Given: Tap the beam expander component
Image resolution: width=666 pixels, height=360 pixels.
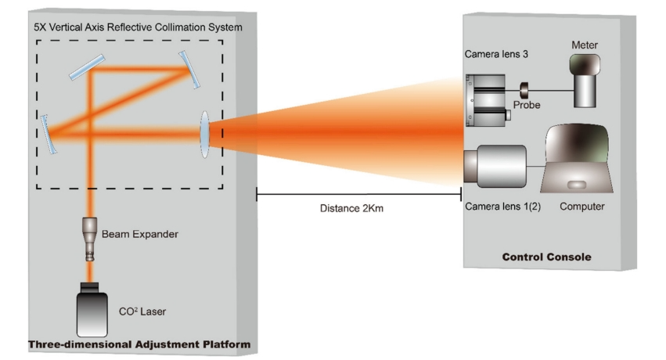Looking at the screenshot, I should [91, 238].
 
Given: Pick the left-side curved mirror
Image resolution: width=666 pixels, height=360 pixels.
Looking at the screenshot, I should [49, 132].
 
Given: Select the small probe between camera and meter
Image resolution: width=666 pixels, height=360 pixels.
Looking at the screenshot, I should [524, 87].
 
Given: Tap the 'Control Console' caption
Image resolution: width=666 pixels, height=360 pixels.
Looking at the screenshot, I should [545, 257].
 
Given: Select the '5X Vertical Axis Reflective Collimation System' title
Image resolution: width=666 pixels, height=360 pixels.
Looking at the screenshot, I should [138, 27].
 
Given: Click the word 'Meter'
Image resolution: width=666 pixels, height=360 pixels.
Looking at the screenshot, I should [585, 45].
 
